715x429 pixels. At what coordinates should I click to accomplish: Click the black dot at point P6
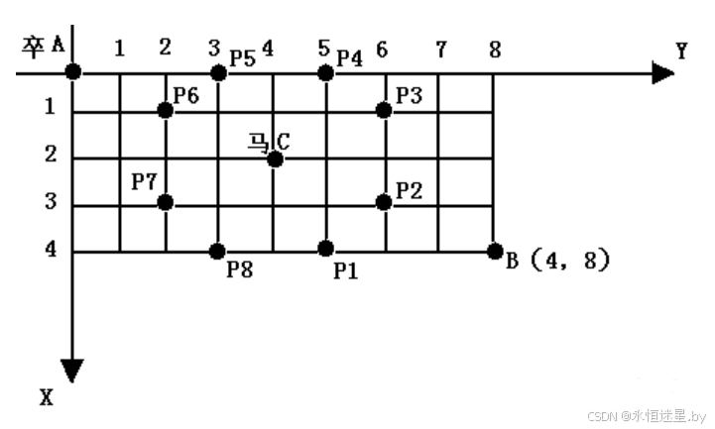166,110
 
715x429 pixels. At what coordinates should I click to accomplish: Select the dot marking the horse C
275,158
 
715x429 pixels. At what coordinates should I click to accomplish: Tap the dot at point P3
384,110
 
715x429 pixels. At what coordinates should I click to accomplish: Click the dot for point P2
384,202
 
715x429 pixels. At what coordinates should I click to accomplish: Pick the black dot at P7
166,202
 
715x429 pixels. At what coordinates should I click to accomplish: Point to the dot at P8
218,251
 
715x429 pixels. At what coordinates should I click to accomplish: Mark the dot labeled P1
325,248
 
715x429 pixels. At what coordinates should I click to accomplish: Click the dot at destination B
495,251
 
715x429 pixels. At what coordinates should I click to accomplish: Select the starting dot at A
73,71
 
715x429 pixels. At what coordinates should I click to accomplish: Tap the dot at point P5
218,71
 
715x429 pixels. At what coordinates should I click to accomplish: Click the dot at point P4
325,71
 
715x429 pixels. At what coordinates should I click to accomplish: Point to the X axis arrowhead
72,371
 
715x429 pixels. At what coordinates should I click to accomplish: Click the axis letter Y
681,52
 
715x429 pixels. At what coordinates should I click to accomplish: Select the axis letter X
46,397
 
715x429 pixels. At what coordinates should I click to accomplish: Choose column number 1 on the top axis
119,48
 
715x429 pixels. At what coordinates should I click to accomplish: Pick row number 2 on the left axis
51,157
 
